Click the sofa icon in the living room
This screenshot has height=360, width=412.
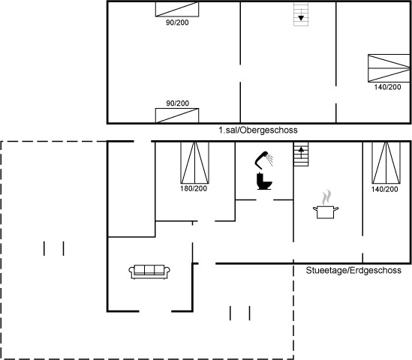click(x=149, y=271)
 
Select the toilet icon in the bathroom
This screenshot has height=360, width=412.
click(x=264, y=181)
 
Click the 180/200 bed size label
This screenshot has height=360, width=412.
click(x=194, y=188)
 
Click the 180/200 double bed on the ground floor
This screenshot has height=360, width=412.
click(x=194, y=163)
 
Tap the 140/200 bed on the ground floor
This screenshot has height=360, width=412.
click(x=386, y=163)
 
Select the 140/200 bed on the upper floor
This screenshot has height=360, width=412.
click(x=389, y=68)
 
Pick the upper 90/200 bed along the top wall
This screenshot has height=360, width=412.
click(x=177, y=10)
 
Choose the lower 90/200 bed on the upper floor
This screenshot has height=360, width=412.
click(x=177, y=115)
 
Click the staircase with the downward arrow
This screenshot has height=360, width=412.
click(x=301, y=14)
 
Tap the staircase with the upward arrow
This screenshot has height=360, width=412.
click(x=301, y=154)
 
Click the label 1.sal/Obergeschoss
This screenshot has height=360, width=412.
click(x=258, y=130)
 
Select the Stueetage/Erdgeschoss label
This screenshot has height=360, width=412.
click(x=353, y=270)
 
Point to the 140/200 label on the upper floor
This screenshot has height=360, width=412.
click(x=387, y=87)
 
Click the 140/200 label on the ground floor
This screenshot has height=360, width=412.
click(x=384, y=189)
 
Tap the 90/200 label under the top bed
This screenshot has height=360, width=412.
click(x=177, y=22)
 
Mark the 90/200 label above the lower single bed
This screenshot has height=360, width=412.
click(x=177, y=103)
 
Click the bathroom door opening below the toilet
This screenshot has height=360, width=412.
click(x=265, y=199)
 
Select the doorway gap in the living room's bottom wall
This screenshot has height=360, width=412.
click(x=155, y=311)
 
